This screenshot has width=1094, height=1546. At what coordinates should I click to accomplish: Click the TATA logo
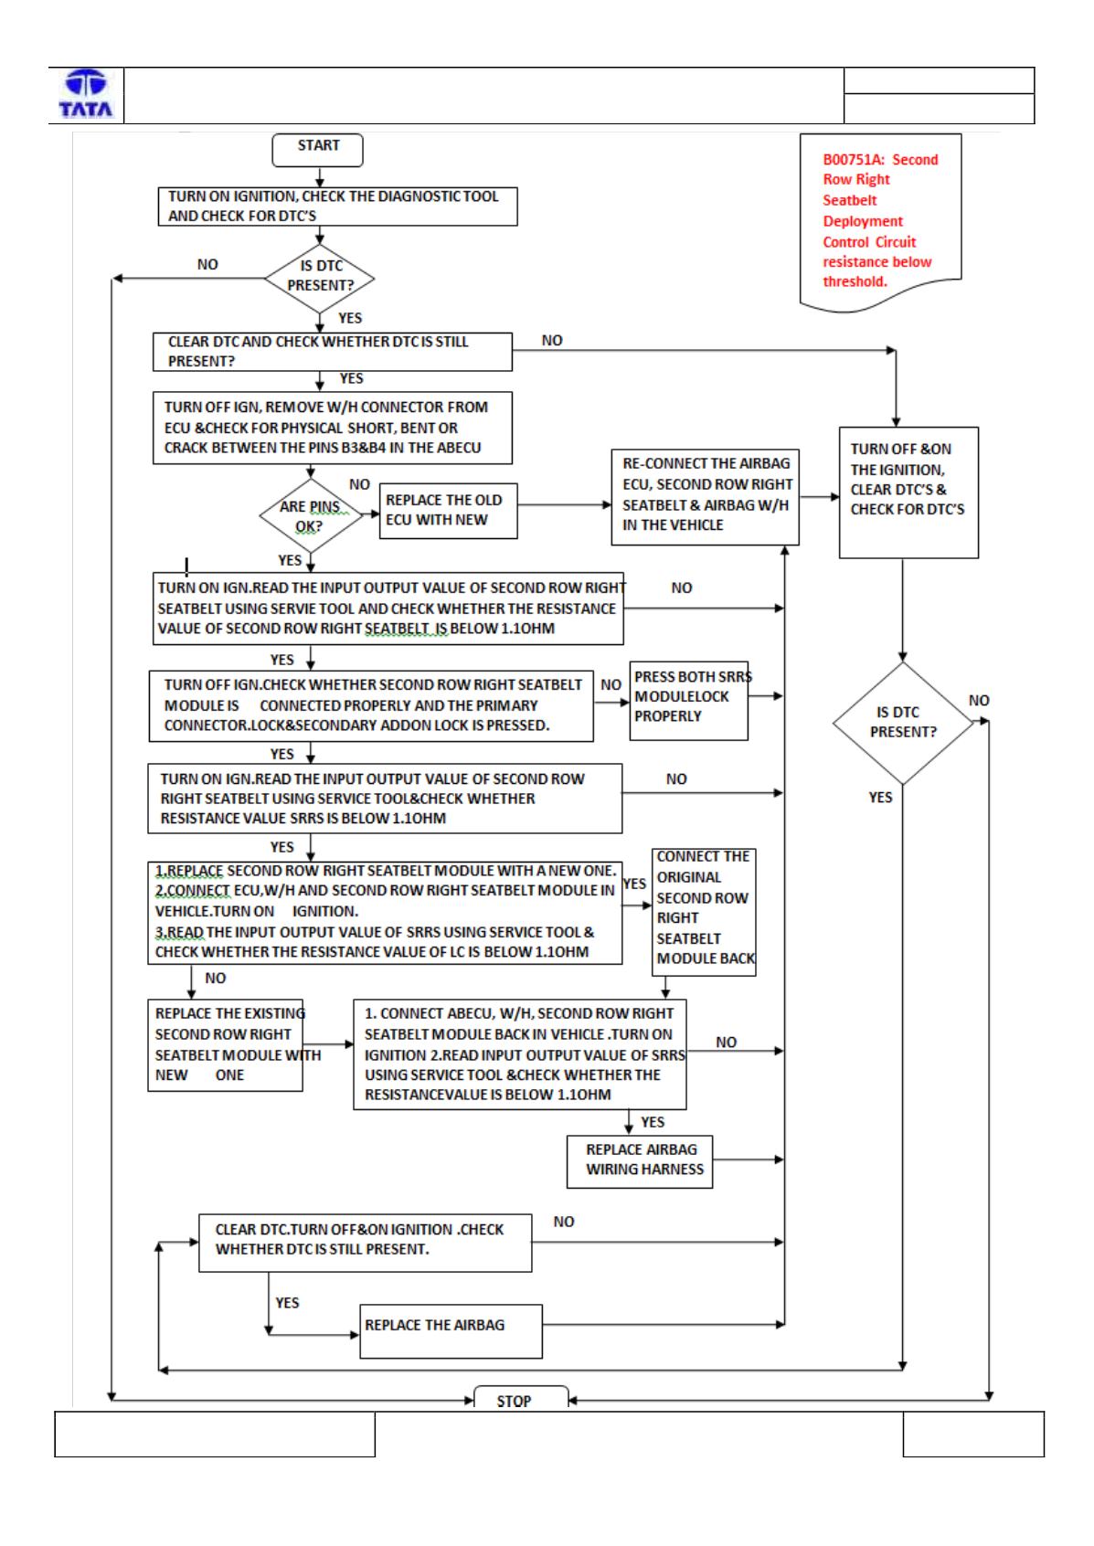pyautogui.click(x=86, y=94)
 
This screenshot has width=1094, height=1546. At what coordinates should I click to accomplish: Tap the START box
pyautogui.click(x=317, y=150)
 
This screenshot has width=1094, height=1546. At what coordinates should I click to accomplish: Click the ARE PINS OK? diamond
pyautogui.click(x=311, y=515)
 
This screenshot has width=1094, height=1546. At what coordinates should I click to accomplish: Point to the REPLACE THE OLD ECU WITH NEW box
pyautogui.click(x=448, y=511)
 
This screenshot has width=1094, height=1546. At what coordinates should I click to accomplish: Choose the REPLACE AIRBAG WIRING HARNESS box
pyautogui.click(x=639, y=1161)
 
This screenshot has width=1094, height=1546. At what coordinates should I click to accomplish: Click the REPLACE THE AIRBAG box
pyautogui.click(x=451, y=1331)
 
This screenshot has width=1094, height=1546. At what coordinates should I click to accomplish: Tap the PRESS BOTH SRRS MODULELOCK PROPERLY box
pyautogui.click(x=689, y=701)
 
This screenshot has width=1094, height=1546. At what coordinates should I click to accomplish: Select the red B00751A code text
pyautogui.click(x=853, y=159)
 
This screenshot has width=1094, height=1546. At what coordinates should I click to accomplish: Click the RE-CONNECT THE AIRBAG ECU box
pyautogui.click(x=705, y=497)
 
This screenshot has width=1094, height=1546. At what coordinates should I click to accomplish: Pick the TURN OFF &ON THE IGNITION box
pyautogui.click(x=908, y=492)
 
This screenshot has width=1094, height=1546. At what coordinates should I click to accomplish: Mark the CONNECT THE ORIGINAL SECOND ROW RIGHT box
pyautogui.click(x=704, y=912)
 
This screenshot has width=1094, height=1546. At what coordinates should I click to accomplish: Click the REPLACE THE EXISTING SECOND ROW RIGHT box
pyautogui.click(x=225, y=1045)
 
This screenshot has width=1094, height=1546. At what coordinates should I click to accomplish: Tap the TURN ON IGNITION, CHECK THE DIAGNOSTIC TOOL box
pyautogui.click(x=337, y=206)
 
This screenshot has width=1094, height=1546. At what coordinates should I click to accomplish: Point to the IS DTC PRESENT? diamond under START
pyautogui.click(x=320, y=279)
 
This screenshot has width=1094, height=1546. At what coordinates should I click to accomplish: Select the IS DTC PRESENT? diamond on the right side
pyautogui.click(x=903, y=723)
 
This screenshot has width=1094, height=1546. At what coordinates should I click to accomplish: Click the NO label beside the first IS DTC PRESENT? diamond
pyautogui.click(x=207, y=264)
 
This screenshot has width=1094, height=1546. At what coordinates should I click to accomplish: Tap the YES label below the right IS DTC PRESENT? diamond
pyautogui.click(x=880, y=797)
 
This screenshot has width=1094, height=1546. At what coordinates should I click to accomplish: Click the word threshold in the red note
pyautogui.click(x=855, y=281)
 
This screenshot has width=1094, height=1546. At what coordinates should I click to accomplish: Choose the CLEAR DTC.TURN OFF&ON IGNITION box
pyautogui.click(x=366, y=1243)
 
